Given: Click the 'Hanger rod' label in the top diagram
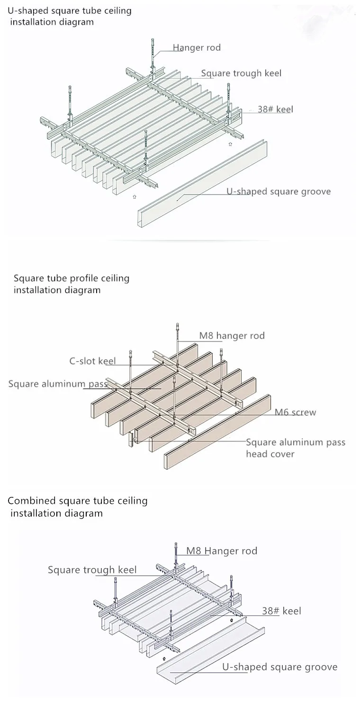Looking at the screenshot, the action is point(197,48).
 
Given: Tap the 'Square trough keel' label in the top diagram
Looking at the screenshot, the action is point(241,73).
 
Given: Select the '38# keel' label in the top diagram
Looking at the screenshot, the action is point(276,109).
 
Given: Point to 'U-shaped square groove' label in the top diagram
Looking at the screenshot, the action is point(279,192).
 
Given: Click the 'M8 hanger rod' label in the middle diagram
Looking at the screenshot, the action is point(232,336).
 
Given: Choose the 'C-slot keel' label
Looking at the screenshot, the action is point(92,361).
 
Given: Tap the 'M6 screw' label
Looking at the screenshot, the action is point(295,412).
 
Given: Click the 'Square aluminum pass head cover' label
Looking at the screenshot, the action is point(296,448).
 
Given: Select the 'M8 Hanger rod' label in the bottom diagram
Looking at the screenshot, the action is point(222,551).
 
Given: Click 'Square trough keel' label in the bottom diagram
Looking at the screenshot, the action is point(92,570).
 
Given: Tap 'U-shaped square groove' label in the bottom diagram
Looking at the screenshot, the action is point(280,667).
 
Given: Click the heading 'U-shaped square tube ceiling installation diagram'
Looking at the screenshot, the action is point(70,16).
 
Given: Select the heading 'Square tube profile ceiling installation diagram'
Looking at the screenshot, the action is point(72,284).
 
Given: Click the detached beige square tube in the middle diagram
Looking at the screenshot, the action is point(217,432).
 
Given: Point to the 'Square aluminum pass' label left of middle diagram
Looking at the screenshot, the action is point(58,384).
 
